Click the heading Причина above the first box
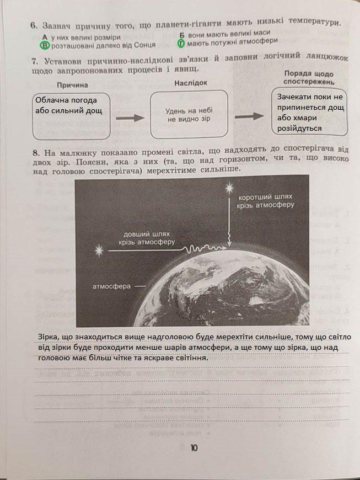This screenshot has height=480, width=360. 72,85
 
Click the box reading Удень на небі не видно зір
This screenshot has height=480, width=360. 190,115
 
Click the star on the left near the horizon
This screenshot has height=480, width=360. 100,251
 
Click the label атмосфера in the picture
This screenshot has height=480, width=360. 111,287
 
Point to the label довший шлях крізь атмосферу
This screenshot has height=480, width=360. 149,237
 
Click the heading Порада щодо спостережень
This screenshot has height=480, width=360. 308,77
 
